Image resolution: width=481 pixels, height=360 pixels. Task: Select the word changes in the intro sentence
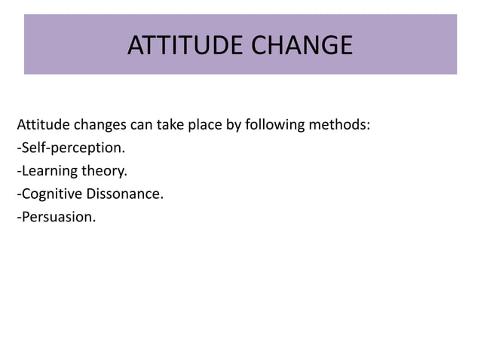(100, 124)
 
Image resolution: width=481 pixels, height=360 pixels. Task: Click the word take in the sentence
(168, 124)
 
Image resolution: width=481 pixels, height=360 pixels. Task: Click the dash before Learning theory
(18, 172)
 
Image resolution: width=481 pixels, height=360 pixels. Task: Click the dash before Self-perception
(18, 148)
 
